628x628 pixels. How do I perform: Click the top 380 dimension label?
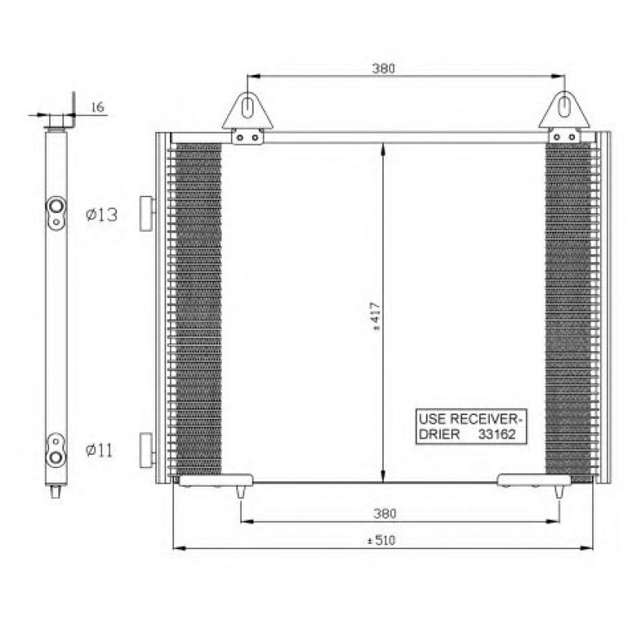pos(383,69)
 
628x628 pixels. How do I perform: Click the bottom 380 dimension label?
pos(385,513)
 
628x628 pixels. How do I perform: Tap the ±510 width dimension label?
pos(381,541)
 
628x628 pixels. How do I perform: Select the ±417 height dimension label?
pos(376,317)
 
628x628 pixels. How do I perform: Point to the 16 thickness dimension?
pos(98,107)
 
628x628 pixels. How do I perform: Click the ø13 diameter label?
pos(101,215)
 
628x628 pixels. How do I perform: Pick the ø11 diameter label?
pos(99,451)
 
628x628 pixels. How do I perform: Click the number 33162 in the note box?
pos(497,435)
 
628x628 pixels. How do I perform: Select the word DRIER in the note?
pos(439,435)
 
